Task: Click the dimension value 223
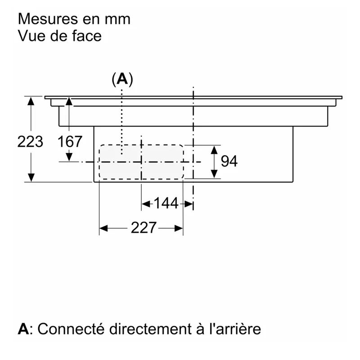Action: [x=30, y=142]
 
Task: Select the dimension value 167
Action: [x=70, y=142]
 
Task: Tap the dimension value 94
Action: [x=229, y=161]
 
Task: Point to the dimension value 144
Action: [x=166, y=203]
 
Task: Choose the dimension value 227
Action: [x=144, y=228]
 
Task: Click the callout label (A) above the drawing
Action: [x=122, y=80]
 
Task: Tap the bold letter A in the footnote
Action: [x=24, y=329]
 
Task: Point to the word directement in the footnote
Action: [x=150, y=329]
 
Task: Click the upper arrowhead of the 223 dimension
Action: [x=31, y=101]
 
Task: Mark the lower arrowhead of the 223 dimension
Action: [x=31, y=178]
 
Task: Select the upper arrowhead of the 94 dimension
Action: [x=214, y=150]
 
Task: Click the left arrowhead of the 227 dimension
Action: [x=103, y=229]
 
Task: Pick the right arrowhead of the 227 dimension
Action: [x=179, y=229]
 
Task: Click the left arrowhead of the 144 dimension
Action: [x=146, y=204]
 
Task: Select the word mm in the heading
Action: [x=117, y=19]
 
